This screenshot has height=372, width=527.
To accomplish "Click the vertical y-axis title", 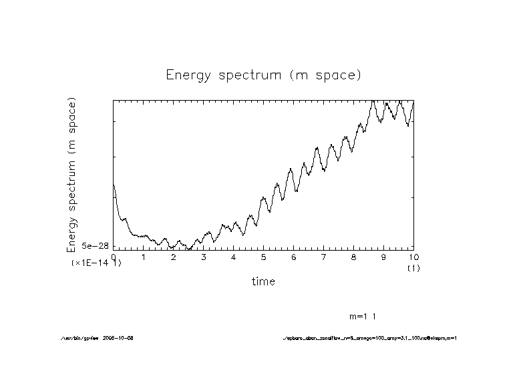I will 72,175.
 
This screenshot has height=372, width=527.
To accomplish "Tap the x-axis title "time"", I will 263,281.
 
